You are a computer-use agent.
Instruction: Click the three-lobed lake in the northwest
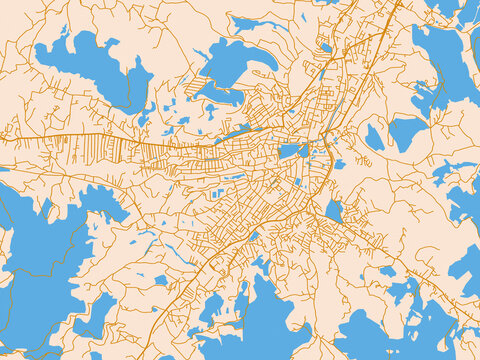(x=95, y=65)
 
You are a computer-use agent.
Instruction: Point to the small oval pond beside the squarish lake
(x=374, y=138)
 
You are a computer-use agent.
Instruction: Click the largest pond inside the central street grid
(x=290, y=151)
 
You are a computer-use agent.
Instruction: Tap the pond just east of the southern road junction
(x=333, y=210)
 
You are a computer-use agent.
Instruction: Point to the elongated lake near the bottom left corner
(x=95, y=315)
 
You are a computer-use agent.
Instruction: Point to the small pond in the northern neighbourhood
(x=325, y=47)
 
